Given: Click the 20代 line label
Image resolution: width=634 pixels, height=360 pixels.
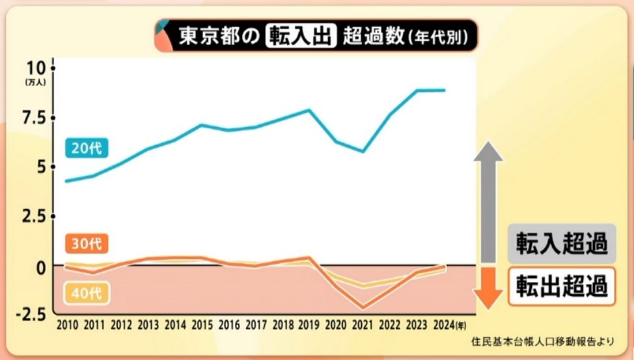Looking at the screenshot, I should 87,148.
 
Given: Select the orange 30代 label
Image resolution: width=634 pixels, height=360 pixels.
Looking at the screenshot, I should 87,244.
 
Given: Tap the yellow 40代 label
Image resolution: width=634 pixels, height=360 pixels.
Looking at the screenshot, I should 87,293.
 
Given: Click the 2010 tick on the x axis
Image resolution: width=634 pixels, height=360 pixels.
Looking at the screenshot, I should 68,324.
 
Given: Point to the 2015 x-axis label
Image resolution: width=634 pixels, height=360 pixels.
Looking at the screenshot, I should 202,324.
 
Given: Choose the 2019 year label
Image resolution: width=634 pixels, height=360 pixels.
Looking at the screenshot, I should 309,324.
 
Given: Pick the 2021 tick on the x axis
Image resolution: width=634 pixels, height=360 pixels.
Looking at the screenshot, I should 363,324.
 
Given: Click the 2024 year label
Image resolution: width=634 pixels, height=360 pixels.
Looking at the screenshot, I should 443,324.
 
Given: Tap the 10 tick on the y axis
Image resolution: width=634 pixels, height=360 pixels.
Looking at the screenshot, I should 36,68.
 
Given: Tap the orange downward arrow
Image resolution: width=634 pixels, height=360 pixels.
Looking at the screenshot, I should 492,286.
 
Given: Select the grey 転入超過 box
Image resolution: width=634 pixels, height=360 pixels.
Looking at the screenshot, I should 562,243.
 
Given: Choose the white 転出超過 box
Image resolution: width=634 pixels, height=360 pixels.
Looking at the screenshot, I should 562,286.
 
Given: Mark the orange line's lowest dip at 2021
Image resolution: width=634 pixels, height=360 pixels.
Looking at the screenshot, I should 363,307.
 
